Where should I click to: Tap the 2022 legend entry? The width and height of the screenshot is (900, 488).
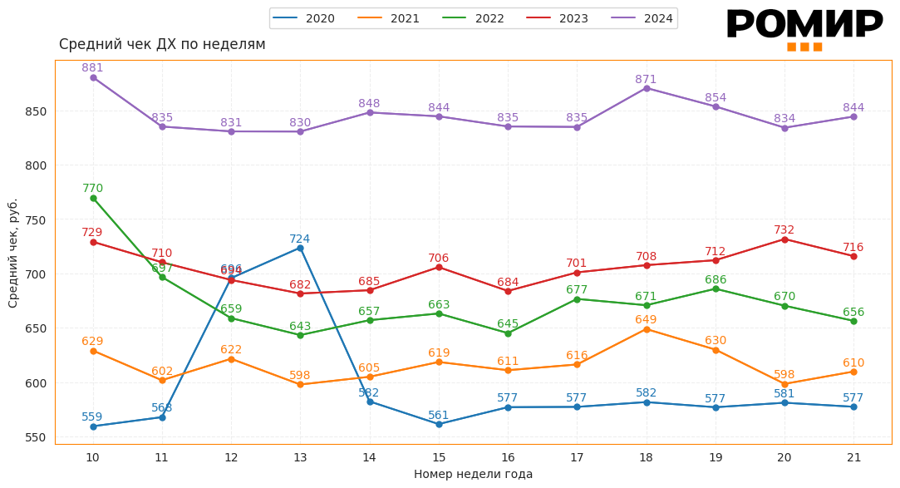(x=475, y=18)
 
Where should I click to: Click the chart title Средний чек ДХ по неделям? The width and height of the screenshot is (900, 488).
(x=162, y=44)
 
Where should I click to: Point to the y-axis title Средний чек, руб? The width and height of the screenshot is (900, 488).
(x=13, y=253)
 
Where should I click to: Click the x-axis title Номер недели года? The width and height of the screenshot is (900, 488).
(x=473, y=474)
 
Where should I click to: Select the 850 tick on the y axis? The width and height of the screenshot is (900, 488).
(x=36, y=111)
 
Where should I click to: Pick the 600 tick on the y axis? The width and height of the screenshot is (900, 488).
(x=36, y=383)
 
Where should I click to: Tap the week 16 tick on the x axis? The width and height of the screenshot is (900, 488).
(x=508, y=457)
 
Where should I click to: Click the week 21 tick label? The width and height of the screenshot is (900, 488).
(x=853, y=457)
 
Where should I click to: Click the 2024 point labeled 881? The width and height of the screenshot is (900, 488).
(x=93, y=78)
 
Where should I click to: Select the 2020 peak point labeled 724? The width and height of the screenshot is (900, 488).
(x=300, y=249)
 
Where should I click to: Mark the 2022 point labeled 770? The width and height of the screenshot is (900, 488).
(x=93, y=199)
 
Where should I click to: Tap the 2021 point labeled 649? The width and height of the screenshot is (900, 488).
(x=647, y=329)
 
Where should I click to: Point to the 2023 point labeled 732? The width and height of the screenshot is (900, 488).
(x=784, y=239)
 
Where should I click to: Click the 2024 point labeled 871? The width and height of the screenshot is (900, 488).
(x=647, y=88)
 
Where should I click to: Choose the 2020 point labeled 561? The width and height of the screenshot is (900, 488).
(x=439, y=424)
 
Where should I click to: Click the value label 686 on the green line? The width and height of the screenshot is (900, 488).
(x=716, y=280)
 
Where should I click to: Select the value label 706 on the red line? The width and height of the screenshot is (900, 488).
(x=439, y=259)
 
